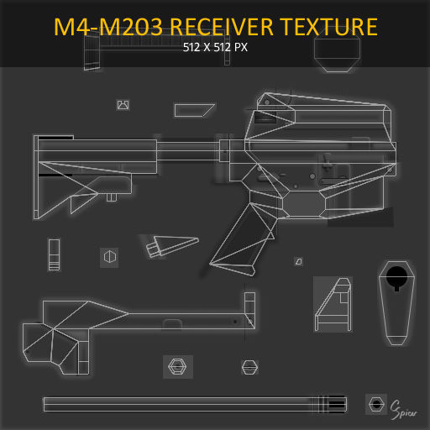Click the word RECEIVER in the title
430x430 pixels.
223,26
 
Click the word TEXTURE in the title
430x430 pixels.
328,26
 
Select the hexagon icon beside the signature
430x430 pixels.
376,404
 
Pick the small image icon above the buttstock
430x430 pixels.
123,105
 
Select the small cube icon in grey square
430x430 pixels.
108,255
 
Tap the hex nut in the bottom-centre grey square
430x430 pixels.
177,366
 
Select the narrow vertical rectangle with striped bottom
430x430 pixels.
55,254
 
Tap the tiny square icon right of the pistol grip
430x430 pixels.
298,261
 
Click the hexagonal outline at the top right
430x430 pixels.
337,53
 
